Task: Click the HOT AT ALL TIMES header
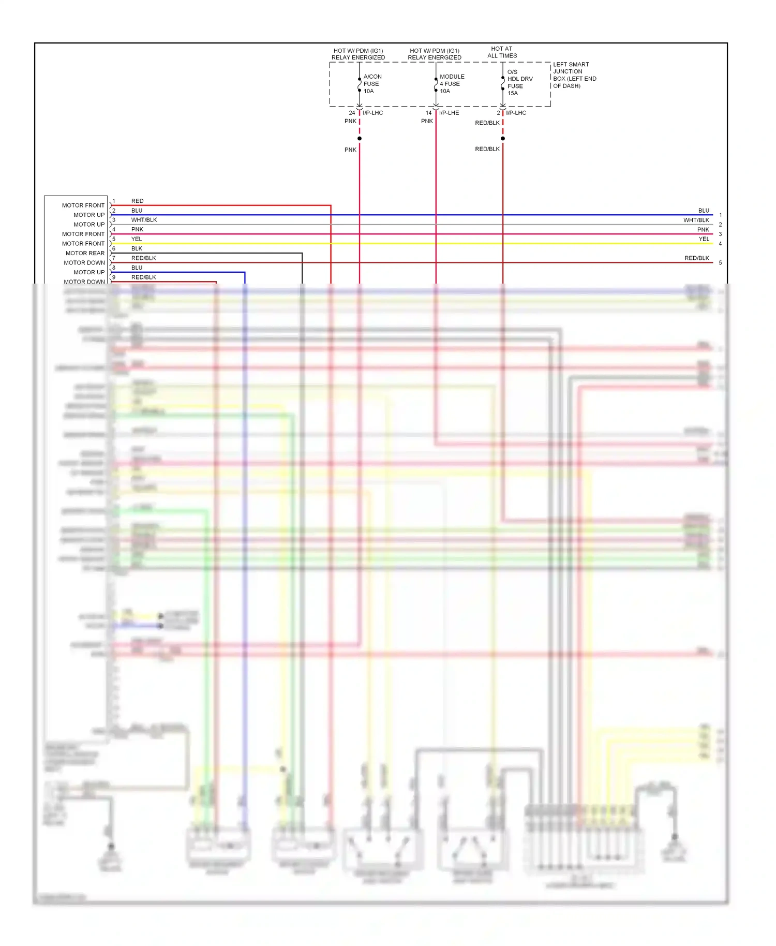[x=502, y=52]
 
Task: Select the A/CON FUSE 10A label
[x=372, y=84]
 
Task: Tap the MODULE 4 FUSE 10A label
[x=452, y=84]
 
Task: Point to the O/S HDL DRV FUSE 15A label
[x=519, y=83]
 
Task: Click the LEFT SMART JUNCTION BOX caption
[x=574, y=75]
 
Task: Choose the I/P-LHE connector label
[x=449, y=113]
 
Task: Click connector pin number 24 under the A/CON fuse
[x=352, y=113]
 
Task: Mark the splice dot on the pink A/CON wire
[x=360, y=139]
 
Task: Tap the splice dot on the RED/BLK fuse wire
[x=503, y=139]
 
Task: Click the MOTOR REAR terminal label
[x=85, y=253]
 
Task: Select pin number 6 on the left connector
[x=114, y=248]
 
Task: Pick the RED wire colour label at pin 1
[x=137, y=201]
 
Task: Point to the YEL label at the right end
[x=704, y=239]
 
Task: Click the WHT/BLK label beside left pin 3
[x=144, y=220]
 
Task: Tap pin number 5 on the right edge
[x=720, y=263]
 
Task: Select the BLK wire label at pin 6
[x=137, y=248]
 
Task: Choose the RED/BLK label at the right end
[x=696, y=258]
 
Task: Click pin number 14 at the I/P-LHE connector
[x=428, y=113]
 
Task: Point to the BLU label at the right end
[x=704, y=211]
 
